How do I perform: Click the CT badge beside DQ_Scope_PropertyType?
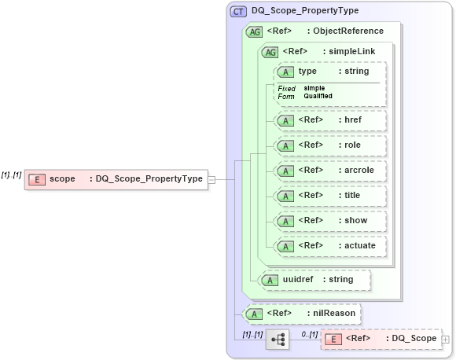pos(238,11)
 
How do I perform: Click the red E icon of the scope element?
pos(36,179)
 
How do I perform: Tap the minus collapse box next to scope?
pos(211,179)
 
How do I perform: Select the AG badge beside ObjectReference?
pos(254,31)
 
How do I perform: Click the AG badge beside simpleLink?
pos(270,52)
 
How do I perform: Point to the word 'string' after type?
pos(353,72)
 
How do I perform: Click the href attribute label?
pos(353,120)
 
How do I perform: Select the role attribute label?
pos(352,145)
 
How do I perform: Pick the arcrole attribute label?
pos(358,171)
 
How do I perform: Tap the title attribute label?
pos(353,196)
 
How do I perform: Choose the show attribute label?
pos(355,221)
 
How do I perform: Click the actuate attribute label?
pos(360,246)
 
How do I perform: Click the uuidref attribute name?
pos(300,279)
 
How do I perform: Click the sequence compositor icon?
pos(277,340)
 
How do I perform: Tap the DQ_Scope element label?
pos(414,339)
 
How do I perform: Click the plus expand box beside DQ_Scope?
pos(446,340)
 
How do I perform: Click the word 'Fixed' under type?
pos(286,88)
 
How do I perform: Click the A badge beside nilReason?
pos(254,314)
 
